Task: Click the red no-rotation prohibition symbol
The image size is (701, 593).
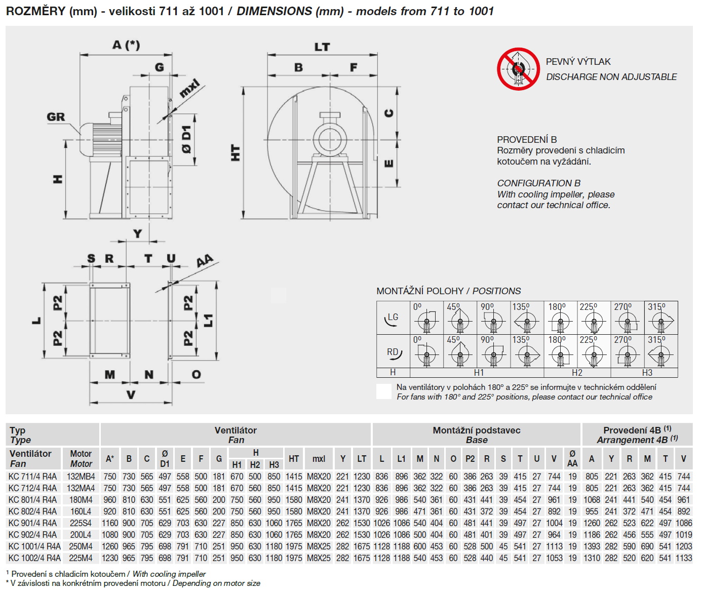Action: (518, 69)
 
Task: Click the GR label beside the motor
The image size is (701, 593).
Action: (56, 117)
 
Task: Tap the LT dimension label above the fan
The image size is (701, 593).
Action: (322, 47)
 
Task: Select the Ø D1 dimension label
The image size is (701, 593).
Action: (187, 140)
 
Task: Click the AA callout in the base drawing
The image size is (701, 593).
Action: (205, 261)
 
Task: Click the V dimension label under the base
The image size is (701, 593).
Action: (131, 394)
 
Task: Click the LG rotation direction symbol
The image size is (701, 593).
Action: (393, 319)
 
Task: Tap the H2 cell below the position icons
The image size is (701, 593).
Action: (577, 373)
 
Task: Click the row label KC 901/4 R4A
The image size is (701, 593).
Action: (33, 523)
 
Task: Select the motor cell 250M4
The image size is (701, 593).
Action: (81, 546)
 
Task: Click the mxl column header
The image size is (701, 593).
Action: (319, 459)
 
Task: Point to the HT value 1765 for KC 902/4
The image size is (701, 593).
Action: (293, 535)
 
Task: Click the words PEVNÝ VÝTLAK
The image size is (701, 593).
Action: (578, 62)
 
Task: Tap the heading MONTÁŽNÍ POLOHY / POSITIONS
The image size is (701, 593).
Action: (448, 291)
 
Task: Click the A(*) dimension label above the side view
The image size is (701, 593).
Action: (126, 45)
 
